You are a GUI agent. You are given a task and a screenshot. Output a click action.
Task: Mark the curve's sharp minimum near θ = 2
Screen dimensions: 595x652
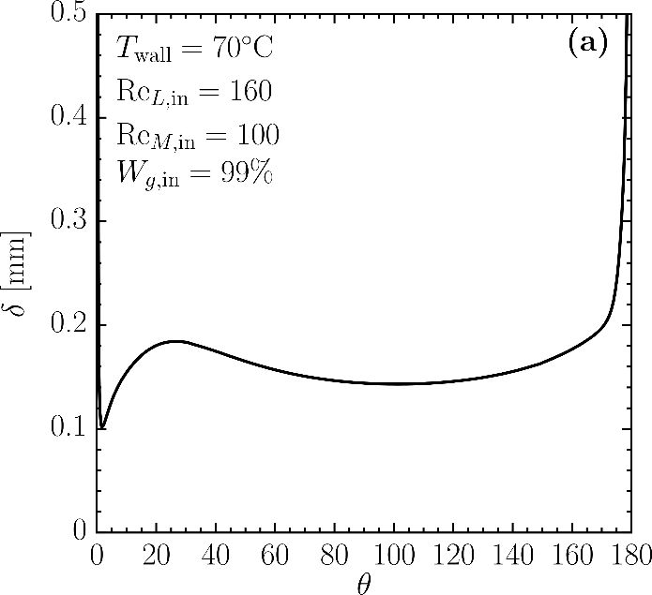[x=102, y=428]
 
